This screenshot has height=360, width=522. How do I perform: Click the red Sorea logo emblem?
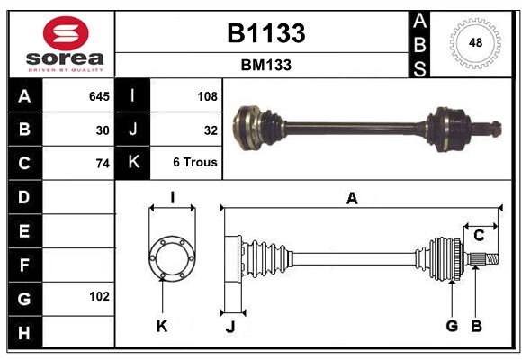point(66,33)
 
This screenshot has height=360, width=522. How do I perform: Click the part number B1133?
point(266,33)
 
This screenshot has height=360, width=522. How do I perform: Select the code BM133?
point(266,65)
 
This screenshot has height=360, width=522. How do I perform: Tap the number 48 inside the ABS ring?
point(475,42)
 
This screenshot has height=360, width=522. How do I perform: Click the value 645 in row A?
point(99,96)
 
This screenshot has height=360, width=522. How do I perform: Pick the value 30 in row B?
point(103,130)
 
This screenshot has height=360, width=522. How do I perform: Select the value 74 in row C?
point(103,164)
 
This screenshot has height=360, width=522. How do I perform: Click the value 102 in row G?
point(99,296)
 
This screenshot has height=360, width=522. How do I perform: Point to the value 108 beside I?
point(207,96)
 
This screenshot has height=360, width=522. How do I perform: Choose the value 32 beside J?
point(211,130)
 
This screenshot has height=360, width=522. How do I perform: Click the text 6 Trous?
point(195,162)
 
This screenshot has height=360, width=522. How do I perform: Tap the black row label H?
point(25,332)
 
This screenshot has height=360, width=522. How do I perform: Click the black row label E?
point(25,230)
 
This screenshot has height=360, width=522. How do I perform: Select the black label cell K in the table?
point(132,163)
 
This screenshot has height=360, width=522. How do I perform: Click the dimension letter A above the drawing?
point(352,199)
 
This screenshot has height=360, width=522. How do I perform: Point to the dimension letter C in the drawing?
point(479,236)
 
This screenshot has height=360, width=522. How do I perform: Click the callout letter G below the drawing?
point(452,326)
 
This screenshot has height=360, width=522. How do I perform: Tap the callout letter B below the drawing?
point(476,326)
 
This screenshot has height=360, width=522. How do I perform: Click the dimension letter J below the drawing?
point(230,327)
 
